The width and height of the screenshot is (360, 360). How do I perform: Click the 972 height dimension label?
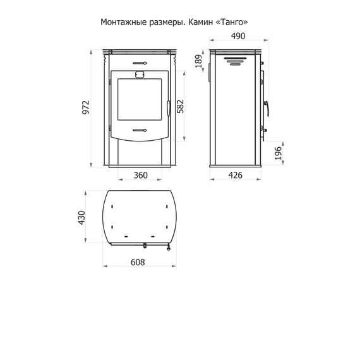pos(86,107)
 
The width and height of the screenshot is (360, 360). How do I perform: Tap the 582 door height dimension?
pos(181,106)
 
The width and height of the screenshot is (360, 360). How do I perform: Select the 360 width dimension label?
pos(140,176)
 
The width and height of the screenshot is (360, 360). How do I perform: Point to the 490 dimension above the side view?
pos(238,36)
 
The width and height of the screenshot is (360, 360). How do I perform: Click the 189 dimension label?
pos(199,61)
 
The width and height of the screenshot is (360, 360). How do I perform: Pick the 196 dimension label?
pos(278,153)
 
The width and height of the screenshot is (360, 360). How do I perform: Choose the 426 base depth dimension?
pos(236,176)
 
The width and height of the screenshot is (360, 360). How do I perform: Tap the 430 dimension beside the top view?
pos(81,218)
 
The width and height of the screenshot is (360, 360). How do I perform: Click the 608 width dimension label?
pos(138,262)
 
